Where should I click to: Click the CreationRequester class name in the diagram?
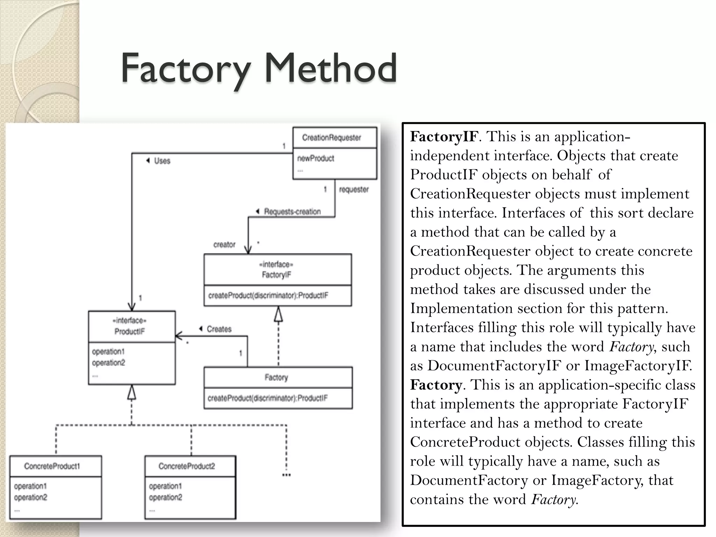[x=331, y=138]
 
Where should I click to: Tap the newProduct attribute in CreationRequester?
[x=316, y=158]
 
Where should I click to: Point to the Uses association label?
[x=162, y=161]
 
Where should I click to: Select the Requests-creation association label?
[x=292, y=212]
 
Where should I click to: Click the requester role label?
[x=354, y=189]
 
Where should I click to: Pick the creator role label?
[x=224, y=245]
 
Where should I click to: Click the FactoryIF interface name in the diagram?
[x=277, y=275]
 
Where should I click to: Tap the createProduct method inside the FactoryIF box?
[x=268, y=296]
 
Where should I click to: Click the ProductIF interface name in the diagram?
[x=129, y=331]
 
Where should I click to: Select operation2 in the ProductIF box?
[x=108, y=363]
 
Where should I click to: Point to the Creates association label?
[x=219, y=329]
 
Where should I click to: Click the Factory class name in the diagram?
[x=276, y=377]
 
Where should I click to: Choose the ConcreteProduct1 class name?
[x=52, y=466]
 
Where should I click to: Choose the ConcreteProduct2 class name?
[x=187, y=466]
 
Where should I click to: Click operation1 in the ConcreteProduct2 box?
[x=165, y=486]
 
